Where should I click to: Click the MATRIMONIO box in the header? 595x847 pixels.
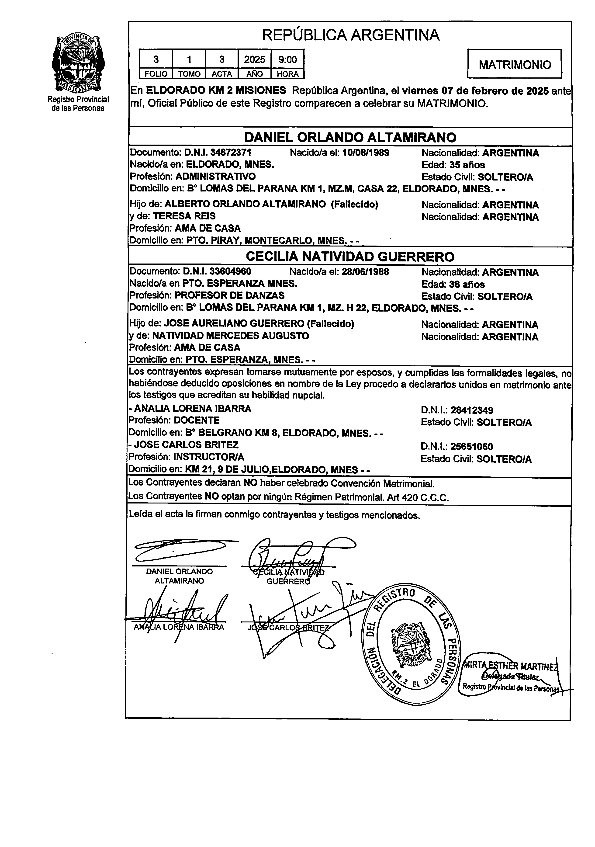tap(514, 65)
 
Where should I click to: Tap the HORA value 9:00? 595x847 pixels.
tap(287, 59)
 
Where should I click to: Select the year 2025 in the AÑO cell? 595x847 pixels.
tap(255, 59)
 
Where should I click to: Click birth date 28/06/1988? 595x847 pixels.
tap(365, 272)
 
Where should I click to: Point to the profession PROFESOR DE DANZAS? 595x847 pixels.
tap(229, 295)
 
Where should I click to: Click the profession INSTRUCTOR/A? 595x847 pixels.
tap(209, 457)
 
